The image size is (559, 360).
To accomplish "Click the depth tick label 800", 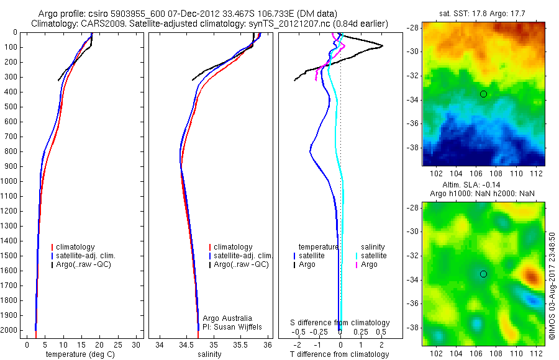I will click(11, 151).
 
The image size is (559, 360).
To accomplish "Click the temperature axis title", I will click(78, 354).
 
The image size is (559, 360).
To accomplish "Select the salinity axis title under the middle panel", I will click(209, 354).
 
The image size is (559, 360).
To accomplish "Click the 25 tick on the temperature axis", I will click(118, 344).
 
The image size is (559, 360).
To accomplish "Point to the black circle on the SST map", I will click(483, 94).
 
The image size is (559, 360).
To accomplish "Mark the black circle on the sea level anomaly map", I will click(483, 274).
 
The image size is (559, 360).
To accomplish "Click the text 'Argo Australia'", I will click(228, 318).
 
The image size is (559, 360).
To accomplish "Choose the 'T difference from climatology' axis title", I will click(339, 354).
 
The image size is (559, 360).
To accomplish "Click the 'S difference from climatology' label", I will click(340, 323).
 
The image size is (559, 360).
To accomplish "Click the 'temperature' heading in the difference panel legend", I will click(319, 246).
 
